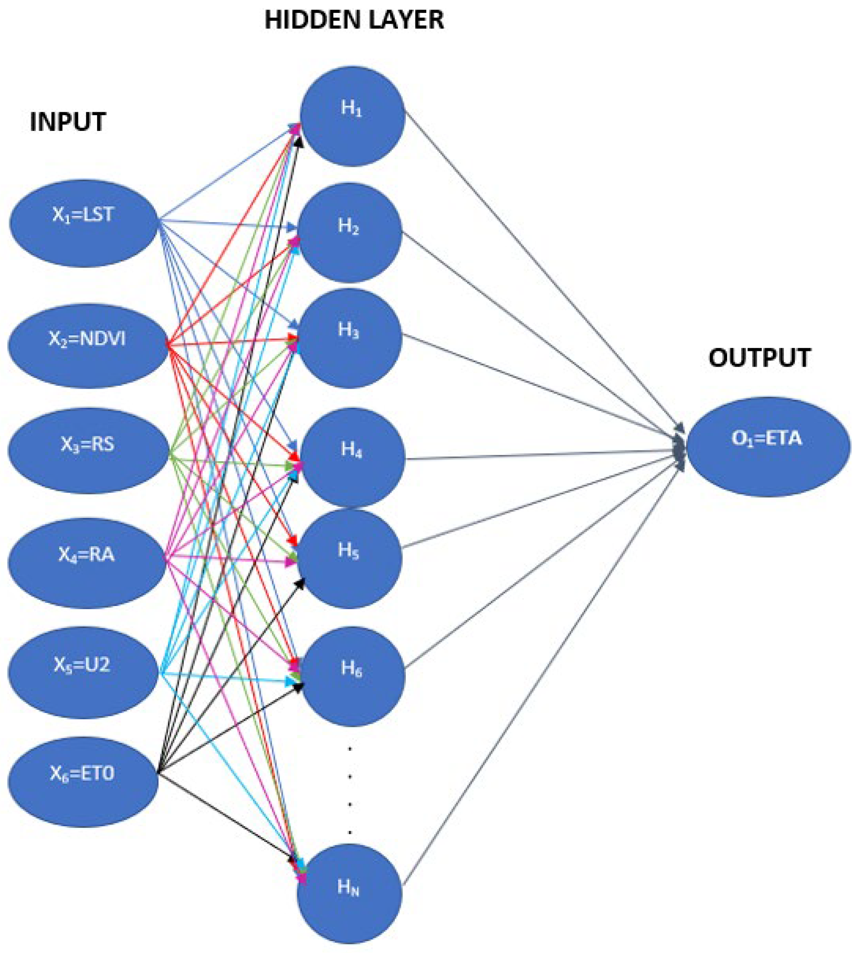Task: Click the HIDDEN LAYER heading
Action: [x=354, y=21]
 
